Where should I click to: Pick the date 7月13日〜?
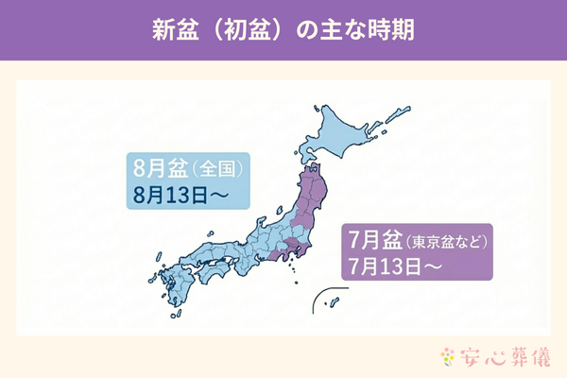click(389, 264)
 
